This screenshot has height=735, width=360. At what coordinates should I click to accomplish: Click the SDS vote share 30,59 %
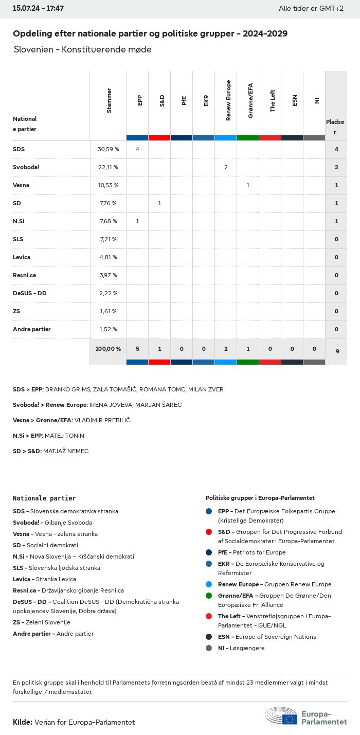pos(108,149)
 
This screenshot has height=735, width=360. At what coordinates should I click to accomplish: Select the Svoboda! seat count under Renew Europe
pos(226,167)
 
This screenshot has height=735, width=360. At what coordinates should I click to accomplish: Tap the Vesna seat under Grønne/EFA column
pos(248,185)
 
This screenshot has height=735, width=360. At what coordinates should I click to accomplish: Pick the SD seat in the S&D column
pos(159,203)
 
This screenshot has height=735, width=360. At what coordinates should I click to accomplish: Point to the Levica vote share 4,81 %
pos(108,257)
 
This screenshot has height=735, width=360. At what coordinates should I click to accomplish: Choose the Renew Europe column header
pos(228,100)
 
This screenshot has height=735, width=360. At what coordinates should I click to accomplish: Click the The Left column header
pos(273,101)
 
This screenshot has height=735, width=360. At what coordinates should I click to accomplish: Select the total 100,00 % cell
pos(108,349)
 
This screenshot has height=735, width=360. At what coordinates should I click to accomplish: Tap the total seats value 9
pos(337,351)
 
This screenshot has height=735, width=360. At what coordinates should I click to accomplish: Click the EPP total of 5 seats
pos(137,349)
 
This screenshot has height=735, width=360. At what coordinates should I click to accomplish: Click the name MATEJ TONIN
pos(64,436)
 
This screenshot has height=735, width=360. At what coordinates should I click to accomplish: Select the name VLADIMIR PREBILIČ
pos(102,420)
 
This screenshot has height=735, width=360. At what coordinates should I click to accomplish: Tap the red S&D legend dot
pos(209,532)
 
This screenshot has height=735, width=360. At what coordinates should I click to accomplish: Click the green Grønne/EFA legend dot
pos(209,596)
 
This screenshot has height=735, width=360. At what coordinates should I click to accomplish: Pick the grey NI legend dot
pos(209,648)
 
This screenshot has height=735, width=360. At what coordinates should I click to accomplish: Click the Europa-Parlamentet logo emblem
pos(281,716)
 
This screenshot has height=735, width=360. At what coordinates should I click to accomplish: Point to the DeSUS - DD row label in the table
pos(29,293)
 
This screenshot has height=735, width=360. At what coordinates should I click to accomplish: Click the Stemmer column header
pos(109,101)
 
